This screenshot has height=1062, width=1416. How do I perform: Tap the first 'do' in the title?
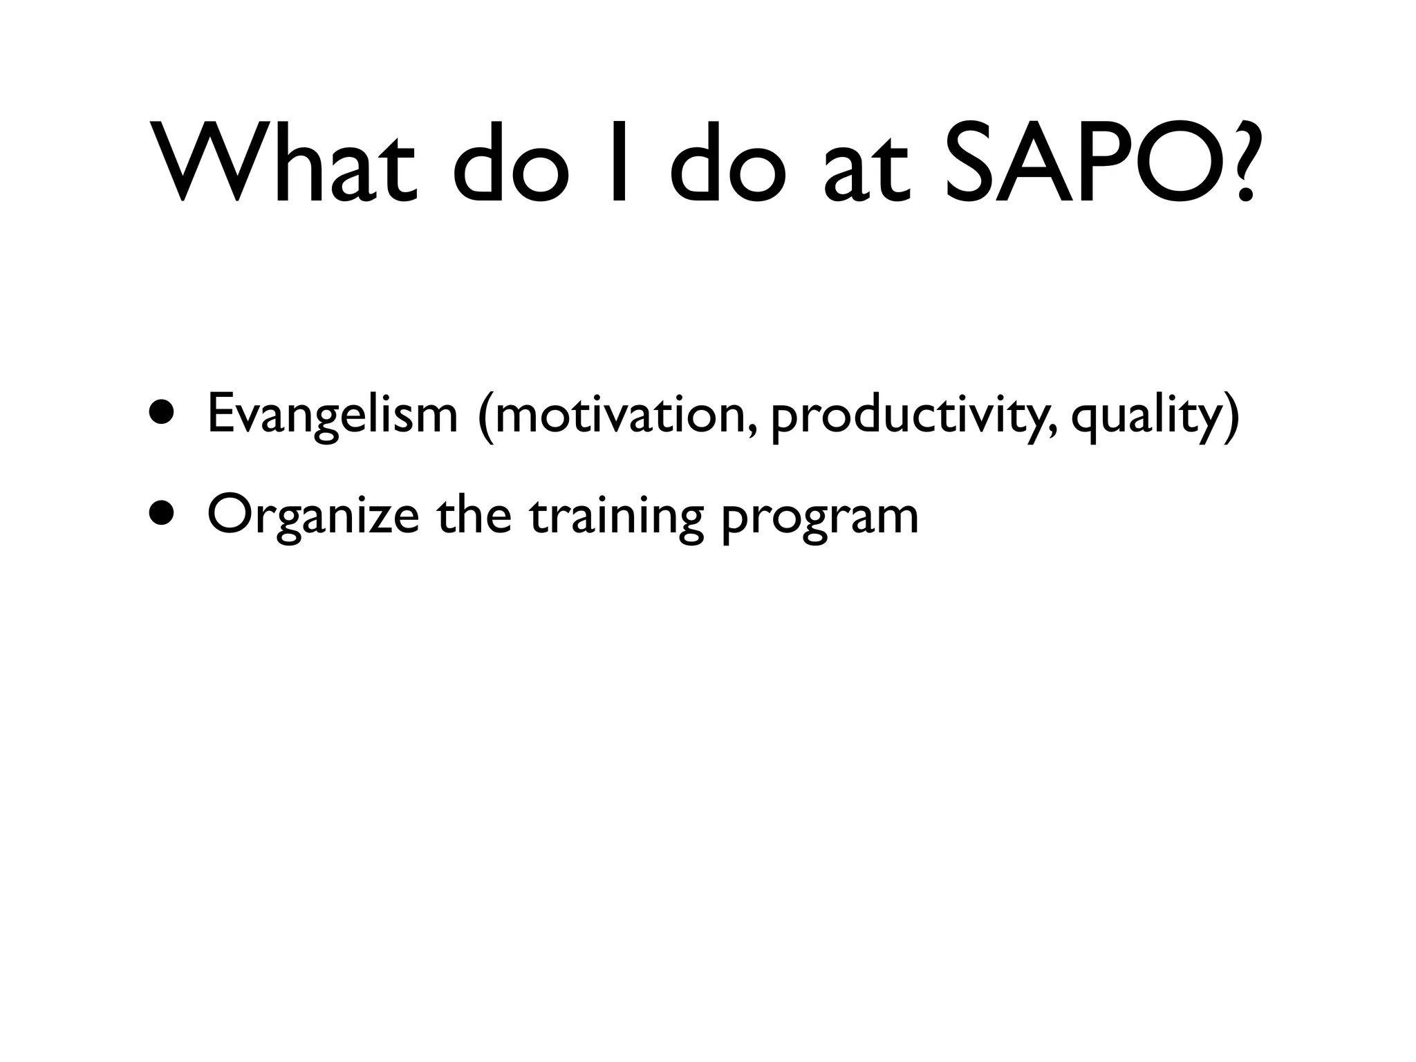[512, 162]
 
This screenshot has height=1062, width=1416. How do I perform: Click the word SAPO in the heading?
[1079, 162]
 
